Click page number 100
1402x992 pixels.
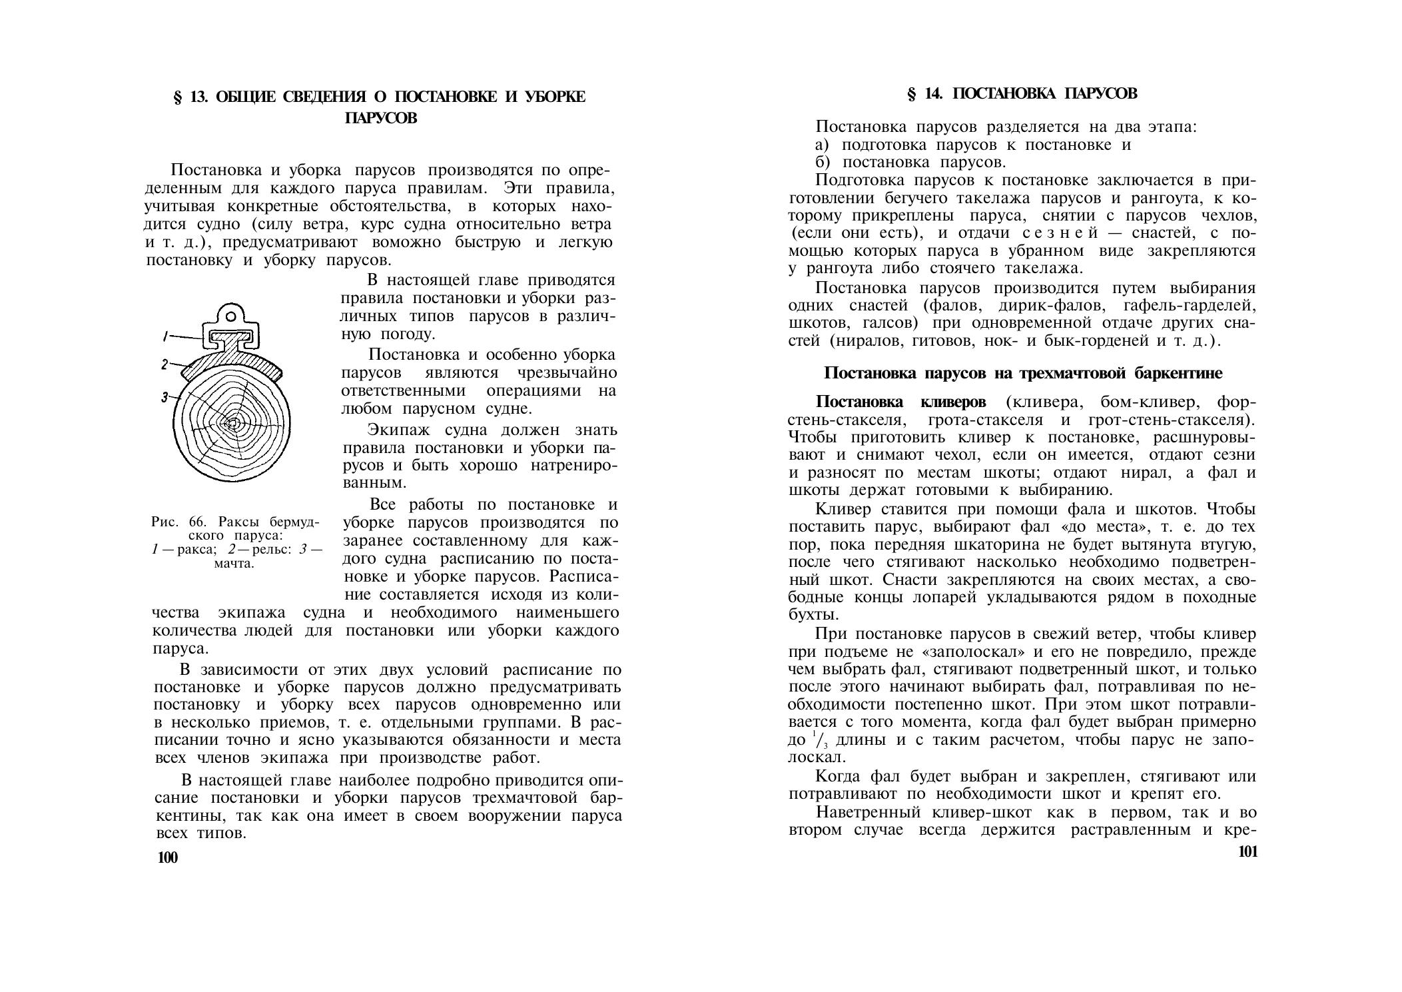(x=168, y=858)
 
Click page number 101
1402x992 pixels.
(x=1247, y=852)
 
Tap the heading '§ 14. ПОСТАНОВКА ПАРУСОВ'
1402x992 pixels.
(x=1022, y=94)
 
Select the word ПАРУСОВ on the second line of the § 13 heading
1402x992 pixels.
(x=381, y=118)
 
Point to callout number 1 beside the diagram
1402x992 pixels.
(x=166, y=337)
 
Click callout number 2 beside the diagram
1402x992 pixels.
(x=164, y=364)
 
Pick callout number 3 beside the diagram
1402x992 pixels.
(x=164, y=398)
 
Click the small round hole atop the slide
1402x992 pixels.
(x=230, y=312)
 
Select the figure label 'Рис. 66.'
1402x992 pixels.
(x=176, y=521)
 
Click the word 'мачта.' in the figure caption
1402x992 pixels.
(x=234, y=564)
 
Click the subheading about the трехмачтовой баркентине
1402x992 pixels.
(x=1023, y=373)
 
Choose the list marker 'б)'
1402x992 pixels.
(x=823, y=163)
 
